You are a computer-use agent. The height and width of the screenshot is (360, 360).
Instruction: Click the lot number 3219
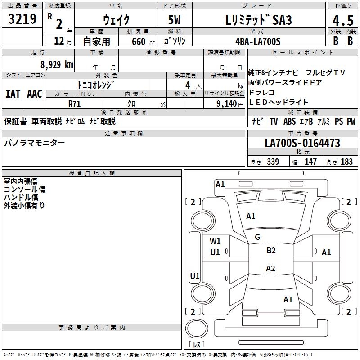[22, 20]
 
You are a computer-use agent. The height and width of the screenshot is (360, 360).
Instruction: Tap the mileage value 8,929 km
[57, 64]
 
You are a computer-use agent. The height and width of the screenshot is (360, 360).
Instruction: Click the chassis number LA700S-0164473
[302, 143]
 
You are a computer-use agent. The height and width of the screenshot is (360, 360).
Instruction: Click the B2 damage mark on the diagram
[271, 251]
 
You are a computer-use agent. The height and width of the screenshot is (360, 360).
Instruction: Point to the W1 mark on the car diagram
[215, 241]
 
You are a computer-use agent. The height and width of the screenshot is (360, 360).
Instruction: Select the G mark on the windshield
[257, 237]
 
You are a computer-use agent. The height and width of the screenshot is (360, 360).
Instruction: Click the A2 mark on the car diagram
[270, 269]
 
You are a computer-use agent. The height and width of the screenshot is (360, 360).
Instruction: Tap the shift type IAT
[13, 94]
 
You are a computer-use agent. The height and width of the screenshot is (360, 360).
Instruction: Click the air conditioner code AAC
[35, 94]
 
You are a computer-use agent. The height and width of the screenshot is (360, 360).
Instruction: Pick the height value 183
[346, 162]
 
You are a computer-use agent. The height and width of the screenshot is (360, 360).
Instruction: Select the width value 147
[310, 162]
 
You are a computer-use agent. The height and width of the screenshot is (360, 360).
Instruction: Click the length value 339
[273, 162]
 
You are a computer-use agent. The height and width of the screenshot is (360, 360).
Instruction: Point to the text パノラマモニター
[35, 143]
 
